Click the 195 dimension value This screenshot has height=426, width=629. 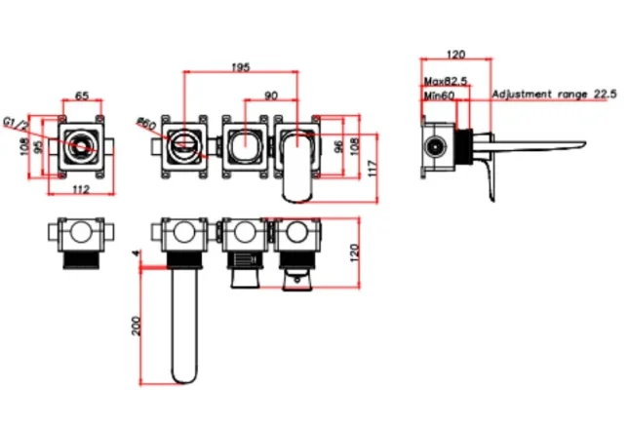tap(240, 66)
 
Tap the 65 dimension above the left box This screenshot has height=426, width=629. tap(82, 96)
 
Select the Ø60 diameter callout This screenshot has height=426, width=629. tap(147, 124)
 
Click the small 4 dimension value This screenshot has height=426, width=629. tap(137, 255)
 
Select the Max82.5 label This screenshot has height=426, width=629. tap(445, 82)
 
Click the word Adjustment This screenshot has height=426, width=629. tap(524, 95)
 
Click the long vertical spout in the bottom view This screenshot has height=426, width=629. tap(183, 322)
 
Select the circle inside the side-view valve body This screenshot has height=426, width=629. tap(436, 148)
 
